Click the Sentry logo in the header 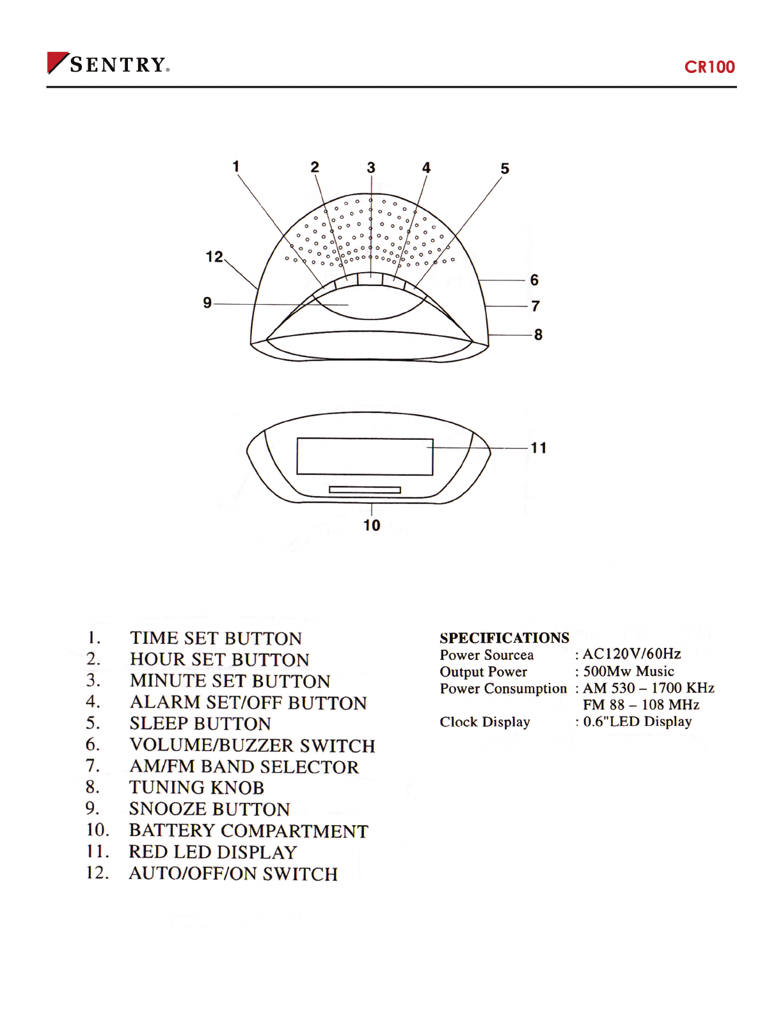click(x=108, y=64)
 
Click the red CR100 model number click(x=709, y=67)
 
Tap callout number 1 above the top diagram click(x=236, y=166)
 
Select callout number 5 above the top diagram click(x=505, y=168)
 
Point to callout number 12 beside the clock click(x=214, y=257)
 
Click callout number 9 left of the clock click(x=207, y=302)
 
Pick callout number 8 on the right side click(x=538, y=335)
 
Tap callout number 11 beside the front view click(x=539, y=448)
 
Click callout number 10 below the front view click(x=372, y=526)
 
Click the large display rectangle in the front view click(x=365, y=456)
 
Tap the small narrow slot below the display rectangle click(x=365, y=490)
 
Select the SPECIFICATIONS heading click(x=504, y=638)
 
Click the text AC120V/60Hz click(x=631, y=654)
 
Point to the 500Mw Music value click(x=628, y=672)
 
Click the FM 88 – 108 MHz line click(x=641, y=705)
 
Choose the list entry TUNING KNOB click(x=196, y=787)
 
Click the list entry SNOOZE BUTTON click(x=209, y=809)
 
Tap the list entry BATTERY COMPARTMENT click(x=248, y=831)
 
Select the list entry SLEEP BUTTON click(x=200, y=723)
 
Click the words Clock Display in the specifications click(x=485, y=722)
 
